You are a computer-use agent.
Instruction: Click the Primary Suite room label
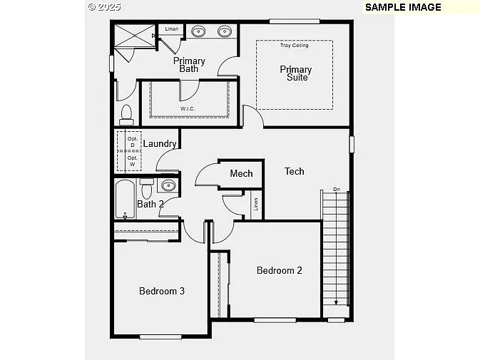[x=295, y=73]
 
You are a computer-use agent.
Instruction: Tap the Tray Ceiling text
[x=294, y=46]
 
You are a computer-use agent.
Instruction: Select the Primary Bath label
[x=189, y=65]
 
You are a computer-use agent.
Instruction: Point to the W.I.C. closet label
[x=188, y=108]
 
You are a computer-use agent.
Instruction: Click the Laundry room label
[x=160, y=144]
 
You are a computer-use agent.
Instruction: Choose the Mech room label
[x=241, y=173]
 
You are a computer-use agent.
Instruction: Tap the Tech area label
[x=295, y=171]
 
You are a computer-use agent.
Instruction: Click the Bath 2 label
[x=150, y=204]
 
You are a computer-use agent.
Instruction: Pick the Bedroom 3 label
[x=162, y=291]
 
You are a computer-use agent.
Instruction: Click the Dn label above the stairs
[x=337, y=190]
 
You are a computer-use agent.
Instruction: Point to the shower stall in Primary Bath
[x=134, y=36]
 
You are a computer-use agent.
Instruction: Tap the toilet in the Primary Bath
[x=126, y=114]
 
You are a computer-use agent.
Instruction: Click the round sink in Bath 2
[x=168, y=186]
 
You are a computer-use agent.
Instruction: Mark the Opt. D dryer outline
[x=132, y=142]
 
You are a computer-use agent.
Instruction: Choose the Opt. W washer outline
[x=132, y=161]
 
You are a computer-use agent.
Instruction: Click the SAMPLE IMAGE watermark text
[x=403, y=7]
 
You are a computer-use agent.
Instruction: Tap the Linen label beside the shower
[x=171, y=29]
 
